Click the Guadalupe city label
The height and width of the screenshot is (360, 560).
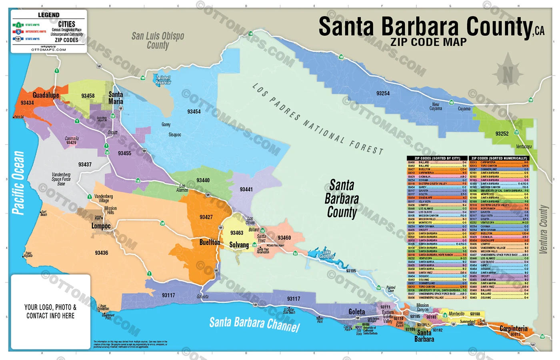coord(46,95)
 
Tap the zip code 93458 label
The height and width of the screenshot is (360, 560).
coord(88,96)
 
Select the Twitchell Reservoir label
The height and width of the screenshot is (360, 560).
coord(163,80)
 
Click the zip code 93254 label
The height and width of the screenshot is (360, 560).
coord(383,93)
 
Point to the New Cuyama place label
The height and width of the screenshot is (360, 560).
coord(436,106)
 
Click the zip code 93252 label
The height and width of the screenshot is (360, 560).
coord(502,134)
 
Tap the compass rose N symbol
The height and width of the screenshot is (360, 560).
coord(508,74)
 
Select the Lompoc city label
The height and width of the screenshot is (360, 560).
coord(101,226)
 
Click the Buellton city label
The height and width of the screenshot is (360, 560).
coord(210,242)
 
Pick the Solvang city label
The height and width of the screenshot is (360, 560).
coord(239,245)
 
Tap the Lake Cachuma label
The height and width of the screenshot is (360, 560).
coord(326,254)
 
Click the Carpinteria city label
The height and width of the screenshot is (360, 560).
coord(514,328)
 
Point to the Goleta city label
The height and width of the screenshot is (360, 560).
coord(356,312)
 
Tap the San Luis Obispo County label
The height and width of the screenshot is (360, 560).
coord(158,40)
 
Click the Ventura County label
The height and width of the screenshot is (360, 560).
coord(543,229)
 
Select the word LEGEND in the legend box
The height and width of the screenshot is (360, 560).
coord(48,15)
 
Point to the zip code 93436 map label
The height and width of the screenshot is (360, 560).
coord(101,253)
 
